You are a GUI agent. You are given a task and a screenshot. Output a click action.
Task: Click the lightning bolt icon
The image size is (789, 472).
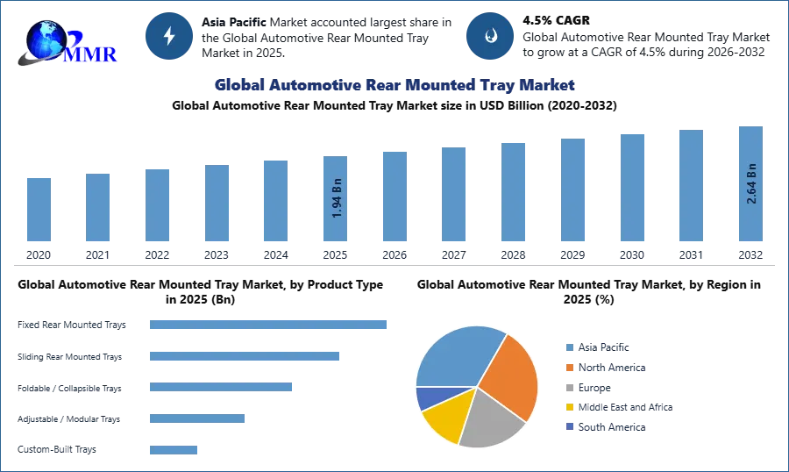coord(168,36)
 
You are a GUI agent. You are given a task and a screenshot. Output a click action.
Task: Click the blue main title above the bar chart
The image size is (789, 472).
coord(393,85)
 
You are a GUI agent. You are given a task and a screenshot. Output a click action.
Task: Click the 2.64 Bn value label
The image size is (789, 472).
coord(751,185)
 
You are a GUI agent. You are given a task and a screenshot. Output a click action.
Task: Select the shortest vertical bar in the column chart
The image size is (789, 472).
coord(39,211)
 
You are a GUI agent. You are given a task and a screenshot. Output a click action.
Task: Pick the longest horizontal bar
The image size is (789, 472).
coord(269,324)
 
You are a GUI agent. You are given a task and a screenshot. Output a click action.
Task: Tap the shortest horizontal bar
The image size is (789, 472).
coord(174,449)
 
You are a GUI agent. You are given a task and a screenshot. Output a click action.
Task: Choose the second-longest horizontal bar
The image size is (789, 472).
coord(245,357)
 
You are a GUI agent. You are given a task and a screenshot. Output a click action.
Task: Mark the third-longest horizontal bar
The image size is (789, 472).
coord(220,387)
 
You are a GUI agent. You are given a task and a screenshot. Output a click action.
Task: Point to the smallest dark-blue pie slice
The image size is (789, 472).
coord(427,397)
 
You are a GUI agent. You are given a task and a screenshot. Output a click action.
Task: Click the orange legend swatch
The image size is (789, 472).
coord(569,368)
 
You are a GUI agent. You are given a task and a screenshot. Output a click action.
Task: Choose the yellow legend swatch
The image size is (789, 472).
coord(569,407)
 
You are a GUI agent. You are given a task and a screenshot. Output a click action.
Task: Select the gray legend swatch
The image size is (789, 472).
coord(569,388)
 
